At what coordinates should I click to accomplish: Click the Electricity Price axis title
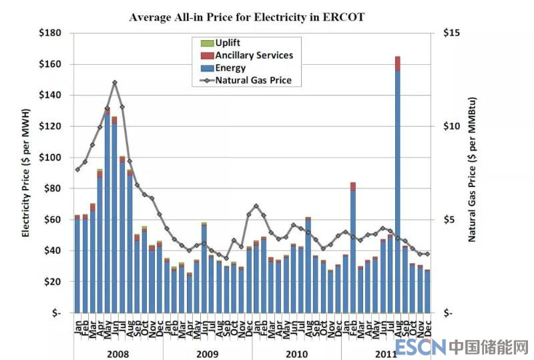26,172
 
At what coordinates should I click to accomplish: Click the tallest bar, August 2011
398,187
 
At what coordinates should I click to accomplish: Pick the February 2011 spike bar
353,247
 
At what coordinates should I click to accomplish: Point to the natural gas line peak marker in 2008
115,82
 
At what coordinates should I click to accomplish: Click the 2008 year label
117,353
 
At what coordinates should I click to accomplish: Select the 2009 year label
207,353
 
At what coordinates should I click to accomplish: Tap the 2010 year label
296,353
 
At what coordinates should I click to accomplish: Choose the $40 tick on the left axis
52,251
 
